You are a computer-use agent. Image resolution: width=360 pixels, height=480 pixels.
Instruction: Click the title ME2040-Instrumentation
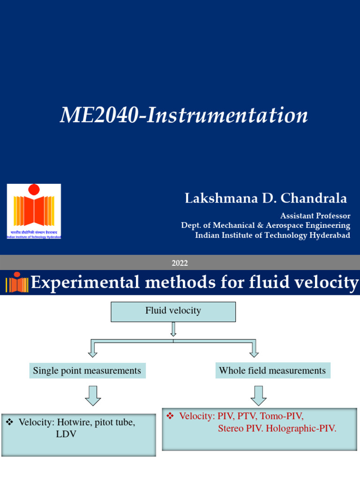click(184, 115)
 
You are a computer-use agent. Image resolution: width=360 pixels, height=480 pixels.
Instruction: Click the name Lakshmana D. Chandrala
click(266, 199)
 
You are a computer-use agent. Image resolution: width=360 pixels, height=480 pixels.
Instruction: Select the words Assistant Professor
click(315, 216)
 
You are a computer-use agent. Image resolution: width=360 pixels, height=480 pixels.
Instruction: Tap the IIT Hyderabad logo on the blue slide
click(34, 211)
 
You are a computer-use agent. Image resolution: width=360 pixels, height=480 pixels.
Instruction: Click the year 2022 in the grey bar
click(180, 263)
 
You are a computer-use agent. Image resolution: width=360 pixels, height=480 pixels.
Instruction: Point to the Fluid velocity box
click(173, 311)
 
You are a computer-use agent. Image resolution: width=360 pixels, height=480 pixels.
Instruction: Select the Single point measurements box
click(87, 371)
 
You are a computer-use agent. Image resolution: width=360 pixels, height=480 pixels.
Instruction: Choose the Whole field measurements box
click(272, 371)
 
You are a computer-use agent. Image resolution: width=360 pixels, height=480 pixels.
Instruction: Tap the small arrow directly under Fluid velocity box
click(173, 330)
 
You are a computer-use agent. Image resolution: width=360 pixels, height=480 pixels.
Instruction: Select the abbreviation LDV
click(66, 434)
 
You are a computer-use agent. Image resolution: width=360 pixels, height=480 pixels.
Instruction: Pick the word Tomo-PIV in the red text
click(282, 416)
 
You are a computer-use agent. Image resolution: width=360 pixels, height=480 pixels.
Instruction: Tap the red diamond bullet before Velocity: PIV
click(171, 416)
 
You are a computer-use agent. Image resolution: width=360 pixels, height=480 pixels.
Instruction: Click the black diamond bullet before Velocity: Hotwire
click(9, 422)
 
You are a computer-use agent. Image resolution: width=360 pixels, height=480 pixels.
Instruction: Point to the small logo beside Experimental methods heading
click(17, 282)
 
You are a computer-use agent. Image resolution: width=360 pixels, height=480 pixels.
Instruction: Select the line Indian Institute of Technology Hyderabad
click(272, 235)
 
